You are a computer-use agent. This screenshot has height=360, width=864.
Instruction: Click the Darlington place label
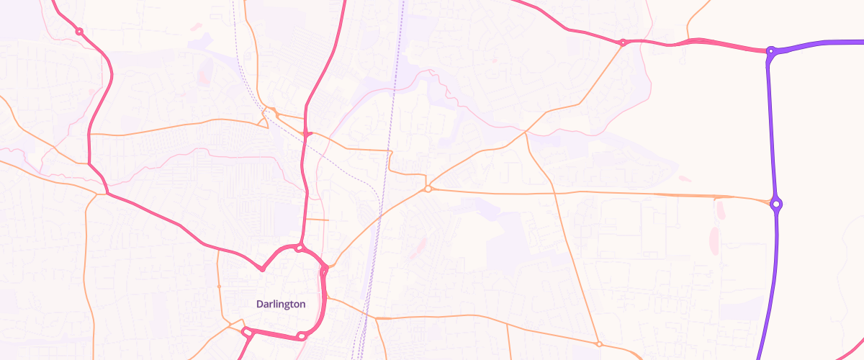point(281,305)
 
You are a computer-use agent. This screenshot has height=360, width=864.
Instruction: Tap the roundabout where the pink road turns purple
point(770,51)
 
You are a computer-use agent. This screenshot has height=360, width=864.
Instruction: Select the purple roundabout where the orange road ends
point(776,204)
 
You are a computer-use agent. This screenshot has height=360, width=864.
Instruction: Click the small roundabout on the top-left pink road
point(79,32)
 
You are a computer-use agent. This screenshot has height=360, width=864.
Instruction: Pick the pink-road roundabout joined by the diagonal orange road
point(623,42)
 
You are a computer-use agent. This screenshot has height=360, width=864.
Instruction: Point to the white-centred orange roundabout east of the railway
point(428,189)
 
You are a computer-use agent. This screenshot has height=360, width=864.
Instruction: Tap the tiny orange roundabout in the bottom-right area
point(598,344)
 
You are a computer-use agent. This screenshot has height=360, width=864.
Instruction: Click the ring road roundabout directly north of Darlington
point(299,248)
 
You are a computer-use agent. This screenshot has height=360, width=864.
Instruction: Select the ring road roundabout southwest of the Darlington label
point(246,332)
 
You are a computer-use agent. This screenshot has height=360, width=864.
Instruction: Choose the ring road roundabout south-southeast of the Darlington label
point(302,336)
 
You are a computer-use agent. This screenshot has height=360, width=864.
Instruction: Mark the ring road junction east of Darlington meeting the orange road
point(325,270)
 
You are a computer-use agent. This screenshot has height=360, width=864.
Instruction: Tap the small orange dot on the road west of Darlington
point(219,286)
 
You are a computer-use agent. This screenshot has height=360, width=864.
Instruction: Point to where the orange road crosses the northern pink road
point(307,134)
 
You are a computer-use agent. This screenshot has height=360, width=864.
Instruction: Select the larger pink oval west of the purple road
point(714,240)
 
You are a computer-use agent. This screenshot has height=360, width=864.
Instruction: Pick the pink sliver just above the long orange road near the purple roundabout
point(684,179)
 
